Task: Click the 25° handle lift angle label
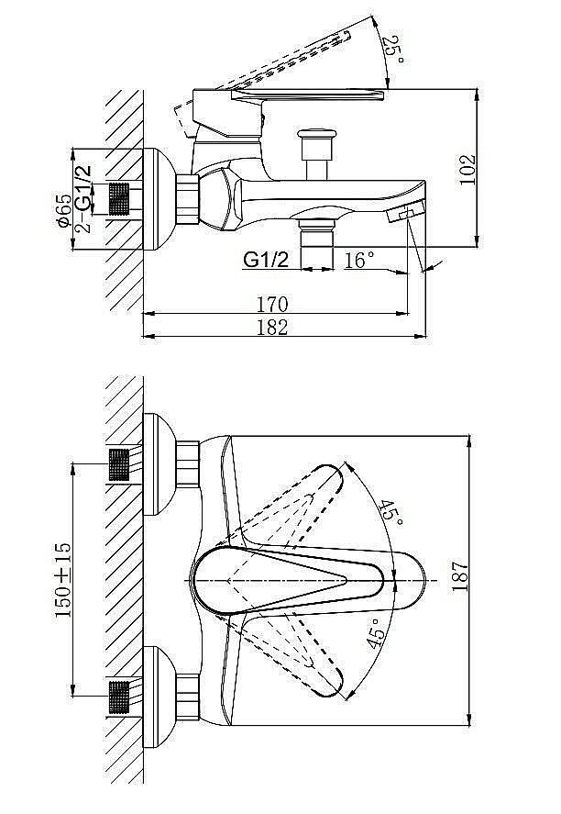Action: point(395,50)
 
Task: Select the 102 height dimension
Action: point(467,169)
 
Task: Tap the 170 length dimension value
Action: point(272,304)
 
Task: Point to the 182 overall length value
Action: point(272,327)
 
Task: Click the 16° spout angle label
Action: point(358,260)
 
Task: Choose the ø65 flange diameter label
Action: point(65,210)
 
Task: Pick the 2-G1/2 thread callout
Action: point(82,198)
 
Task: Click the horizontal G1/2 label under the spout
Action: point(266,259)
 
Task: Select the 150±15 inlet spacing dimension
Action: point(63,580)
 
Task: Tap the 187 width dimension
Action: point(460,575)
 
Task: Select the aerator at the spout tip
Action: point(406,213)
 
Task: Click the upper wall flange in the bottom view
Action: point(159,464)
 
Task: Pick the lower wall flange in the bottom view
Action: point(159,697)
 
